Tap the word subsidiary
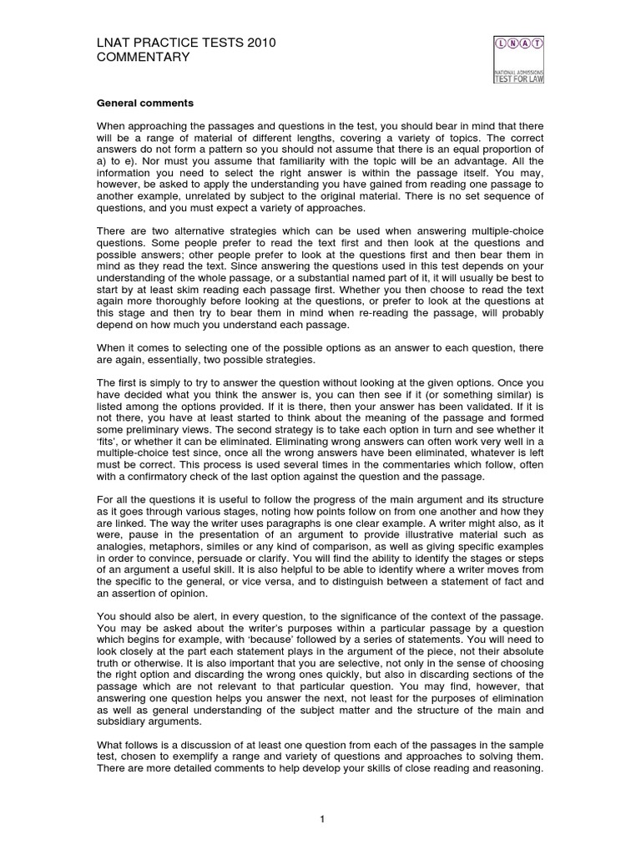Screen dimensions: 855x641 click(x=124, y=721)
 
